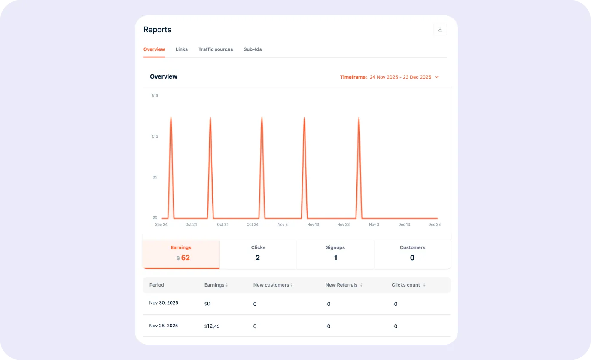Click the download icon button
[440, 30]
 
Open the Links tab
[182, 49]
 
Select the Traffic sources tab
[216, 49]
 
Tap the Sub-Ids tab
[253, 49]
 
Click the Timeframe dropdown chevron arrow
[437, 77]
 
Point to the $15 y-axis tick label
[155, 95]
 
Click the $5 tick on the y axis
[155, 177]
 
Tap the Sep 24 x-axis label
[161, 224]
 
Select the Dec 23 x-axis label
[434, 224]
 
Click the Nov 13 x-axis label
[313, 224]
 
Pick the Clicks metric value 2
[258, 258]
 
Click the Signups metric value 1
[335, 258]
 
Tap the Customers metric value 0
[412, 258]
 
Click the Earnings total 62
[186, 258]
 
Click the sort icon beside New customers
[292, 285]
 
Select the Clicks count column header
[406, 285]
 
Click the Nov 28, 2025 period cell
[164, 326]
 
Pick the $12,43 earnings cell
[212, 326]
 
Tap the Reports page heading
[157, 30]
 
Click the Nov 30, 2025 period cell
[164, 303]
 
